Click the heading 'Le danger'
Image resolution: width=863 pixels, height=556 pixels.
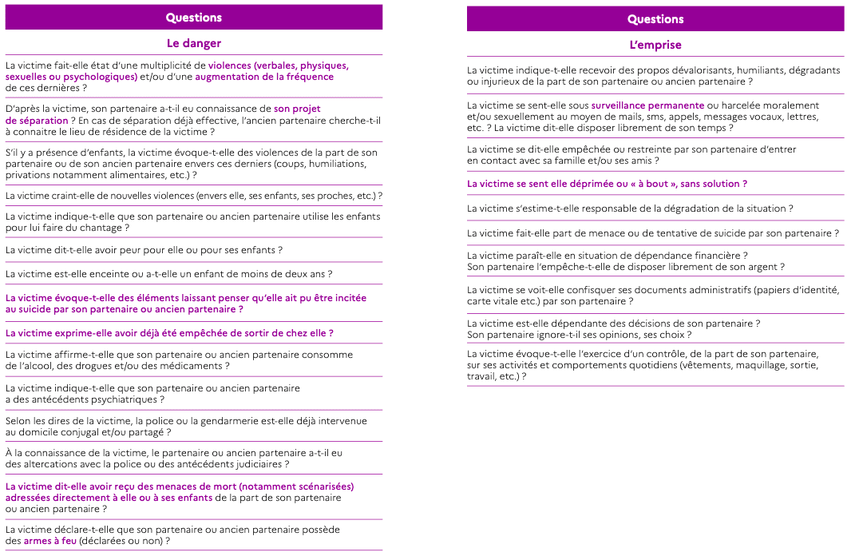pos(194,43)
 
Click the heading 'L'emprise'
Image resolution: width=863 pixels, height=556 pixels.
pos(655,45)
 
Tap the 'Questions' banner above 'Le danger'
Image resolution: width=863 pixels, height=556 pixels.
pos(194,18)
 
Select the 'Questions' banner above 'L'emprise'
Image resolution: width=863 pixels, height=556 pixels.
pos(655,19)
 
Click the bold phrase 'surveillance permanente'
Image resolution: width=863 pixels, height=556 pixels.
pos(647,105)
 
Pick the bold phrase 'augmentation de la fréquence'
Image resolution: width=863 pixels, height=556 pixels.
pos(264,77)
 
